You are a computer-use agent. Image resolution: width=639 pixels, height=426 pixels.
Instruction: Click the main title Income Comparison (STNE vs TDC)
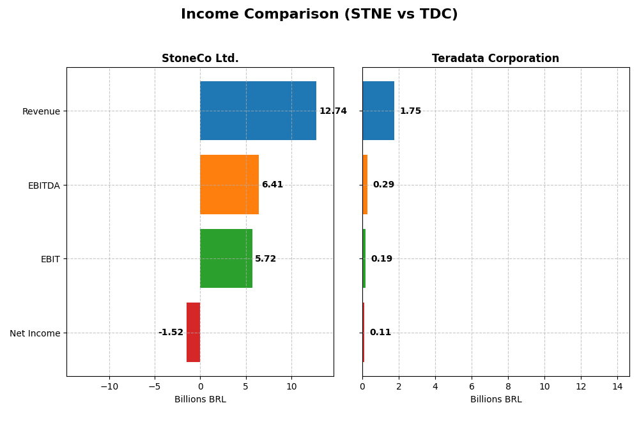click(319, 14)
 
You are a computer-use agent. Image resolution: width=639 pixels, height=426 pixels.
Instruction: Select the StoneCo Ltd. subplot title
click(200, 58)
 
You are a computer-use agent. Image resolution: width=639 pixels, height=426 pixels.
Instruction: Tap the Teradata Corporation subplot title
click(495, 58)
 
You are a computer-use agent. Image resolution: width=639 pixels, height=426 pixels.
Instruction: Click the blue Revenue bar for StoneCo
click(258, 111)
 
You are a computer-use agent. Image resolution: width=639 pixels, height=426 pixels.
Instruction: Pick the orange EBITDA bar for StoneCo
click(229, 184)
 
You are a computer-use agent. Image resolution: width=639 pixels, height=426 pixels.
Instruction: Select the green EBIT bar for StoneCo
click(226, 258)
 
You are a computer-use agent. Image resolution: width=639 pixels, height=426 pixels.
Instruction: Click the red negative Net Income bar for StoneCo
click(194, 332)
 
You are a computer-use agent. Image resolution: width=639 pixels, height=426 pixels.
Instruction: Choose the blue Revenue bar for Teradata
click(378, 111)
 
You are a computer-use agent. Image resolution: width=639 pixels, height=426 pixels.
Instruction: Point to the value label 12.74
click(333, 111)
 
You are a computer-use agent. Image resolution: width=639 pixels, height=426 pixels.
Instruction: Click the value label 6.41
click(272, 184)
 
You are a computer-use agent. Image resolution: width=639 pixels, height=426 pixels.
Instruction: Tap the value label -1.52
click(171, 333)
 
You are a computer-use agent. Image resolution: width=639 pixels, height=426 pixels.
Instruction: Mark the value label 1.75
click(410, 111)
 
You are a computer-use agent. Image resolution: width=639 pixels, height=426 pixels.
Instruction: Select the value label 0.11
click(380, 333)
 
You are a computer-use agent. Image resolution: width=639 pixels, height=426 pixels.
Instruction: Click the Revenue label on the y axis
click(41, 111)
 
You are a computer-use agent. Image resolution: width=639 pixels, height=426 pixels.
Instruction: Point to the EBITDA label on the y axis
click(43, 185)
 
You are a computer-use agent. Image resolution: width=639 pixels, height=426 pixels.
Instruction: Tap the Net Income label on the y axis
click(35, 333)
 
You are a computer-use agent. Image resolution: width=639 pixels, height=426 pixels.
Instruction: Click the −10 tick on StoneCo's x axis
click(109, 386)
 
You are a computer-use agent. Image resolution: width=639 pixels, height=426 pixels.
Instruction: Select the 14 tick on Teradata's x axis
click(617, 386)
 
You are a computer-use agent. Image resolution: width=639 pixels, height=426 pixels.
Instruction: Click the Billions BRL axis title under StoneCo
click(200, 399)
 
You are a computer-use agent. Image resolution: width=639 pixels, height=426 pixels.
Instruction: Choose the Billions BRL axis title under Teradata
click(495, 399)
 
